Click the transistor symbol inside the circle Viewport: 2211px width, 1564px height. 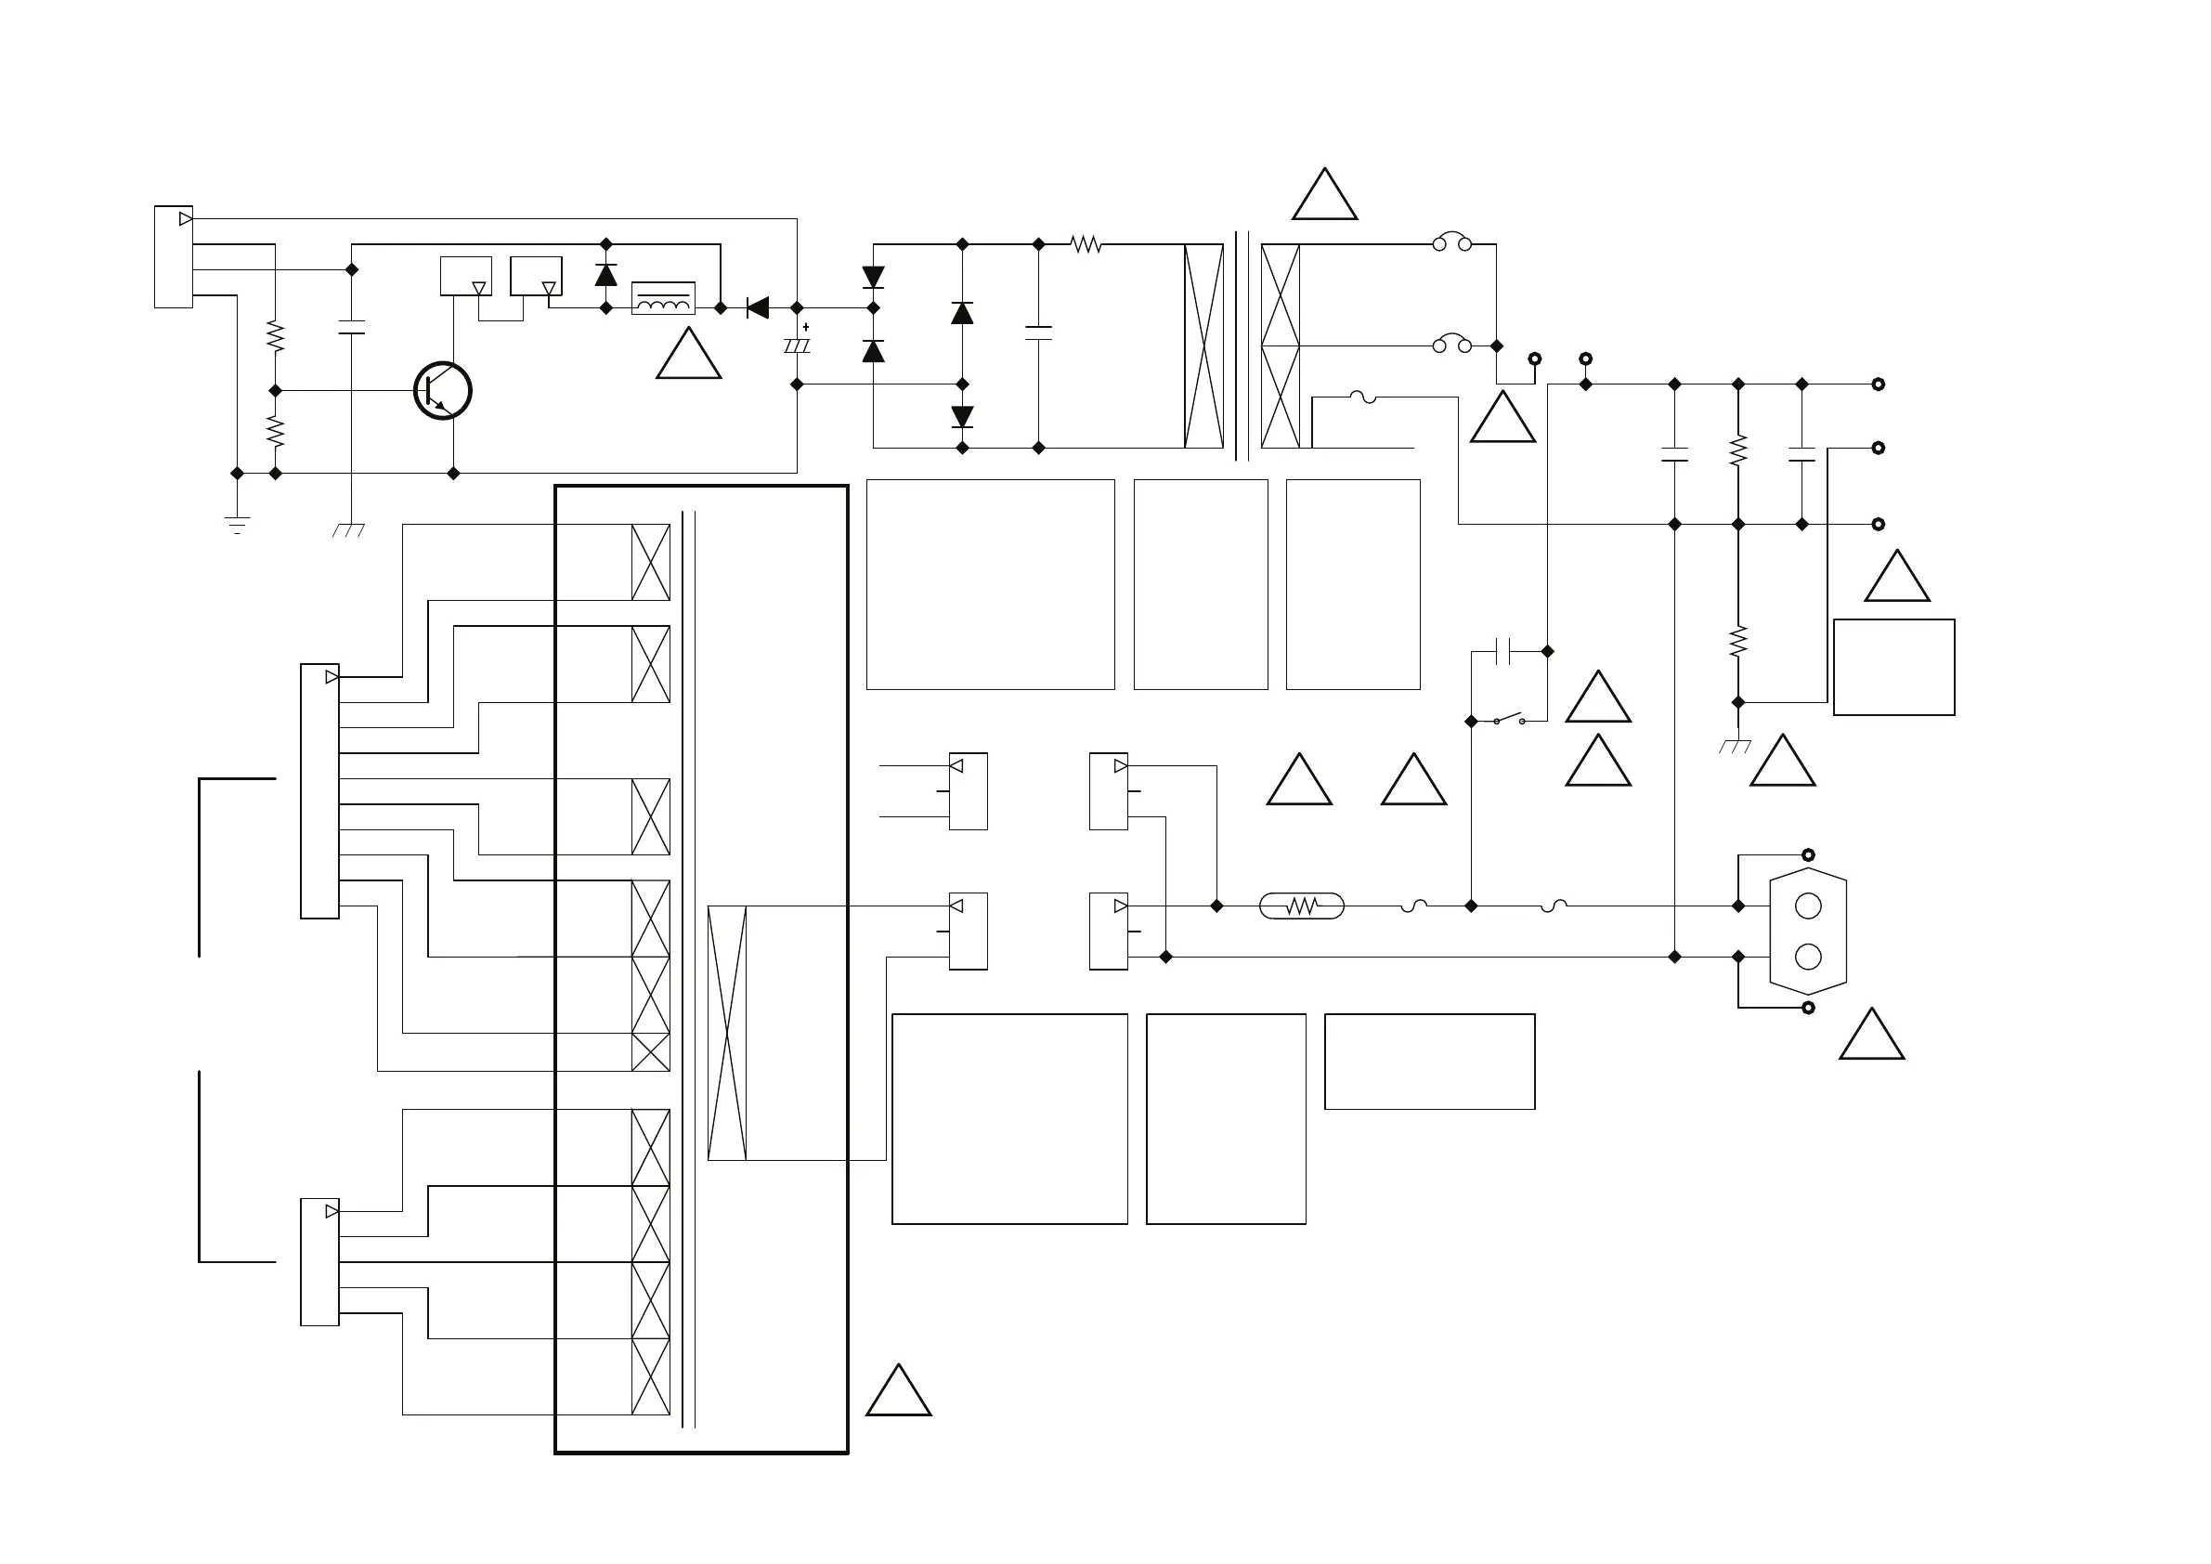(442, 391)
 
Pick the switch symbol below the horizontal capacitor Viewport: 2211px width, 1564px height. (1508, 720)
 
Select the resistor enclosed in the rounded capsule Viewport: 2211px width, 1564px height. (1301, 906)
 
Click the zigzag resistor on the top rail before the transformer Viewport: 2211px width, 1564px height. (1086, 244)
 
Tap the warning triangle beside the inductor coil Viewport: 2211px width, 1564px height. (688, 358)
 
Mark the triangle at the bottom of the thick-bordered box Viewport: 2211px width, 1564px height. (899, 1394)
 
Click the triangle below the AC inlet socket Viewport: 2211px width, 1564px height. (1871, 1038)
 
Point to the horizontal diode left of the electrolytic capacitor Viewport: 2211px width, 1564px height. (758, 308)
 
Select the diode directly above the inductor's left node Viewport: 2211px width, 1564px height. (605, 276)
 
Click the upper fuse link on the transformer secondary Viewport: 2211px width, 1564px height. (1451, 243)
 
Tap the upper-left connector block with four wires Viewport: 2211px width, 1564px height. (174, 256)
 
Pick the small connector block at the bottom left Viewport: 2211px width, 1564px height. (319, 1261)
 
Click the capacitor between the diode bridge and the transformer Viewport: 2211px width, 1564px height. (1038, 333)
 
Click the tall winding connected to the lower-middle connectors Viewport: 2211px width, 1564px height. (727, 1033)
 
